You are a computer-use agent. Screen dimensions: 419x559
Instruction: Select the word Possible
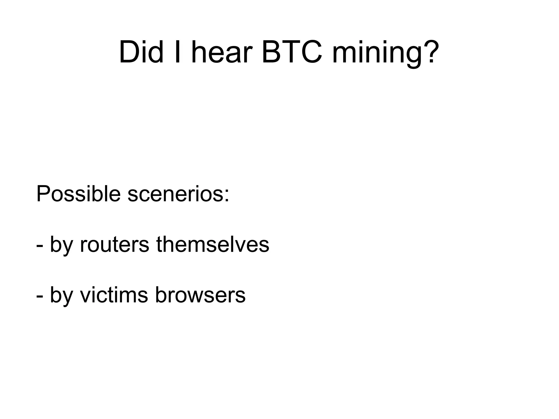[78, 194]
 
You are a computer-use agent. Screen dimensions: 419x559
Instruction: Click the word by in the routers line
[61, 245]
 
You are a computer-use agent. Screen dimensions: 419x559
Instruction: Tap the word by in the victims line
[61, 295]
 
